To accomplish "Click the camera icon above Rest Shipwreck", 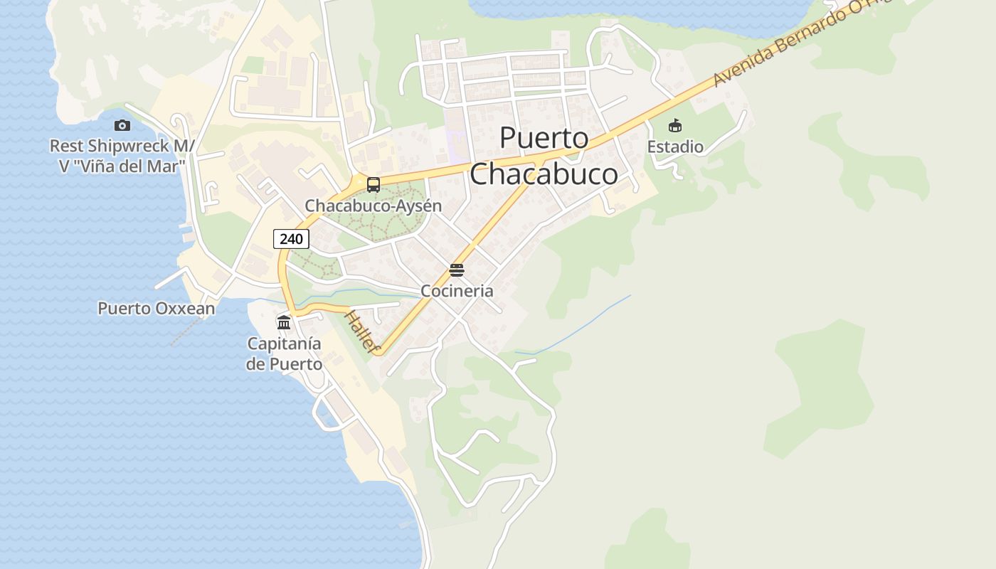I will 122,126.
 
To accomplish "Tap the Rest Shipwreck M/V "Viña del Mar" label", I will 122,156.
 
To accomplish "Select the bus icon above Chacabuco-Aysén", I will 373,185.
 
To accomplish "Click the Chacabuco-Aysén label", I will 373,206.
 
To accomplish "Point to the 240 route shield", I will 291,239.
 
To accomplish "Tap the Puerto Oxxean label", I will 156,309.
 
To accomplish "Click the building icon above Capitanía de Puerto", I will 284,323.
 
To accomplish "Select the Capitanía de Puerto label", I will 284,353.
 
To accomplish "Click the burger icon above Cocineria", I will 457,270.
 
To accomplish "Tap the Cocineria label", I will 457,291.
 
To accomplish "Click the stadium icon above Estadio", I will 675,126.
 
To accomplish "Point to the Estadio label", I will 675,147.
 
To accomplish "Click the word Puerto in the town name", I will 544,138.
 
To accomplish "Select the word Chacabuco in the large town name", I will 544,174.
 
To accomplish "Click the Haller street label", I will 361,331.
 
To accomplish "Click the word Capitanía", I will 284,344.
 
